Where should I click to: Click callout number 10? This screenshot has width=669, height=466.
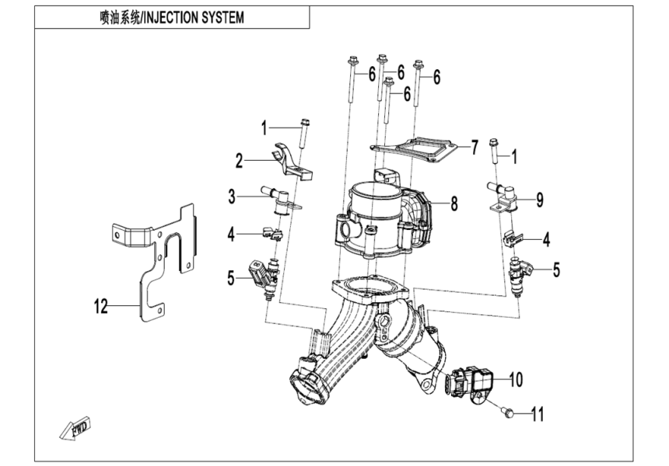[516, 380]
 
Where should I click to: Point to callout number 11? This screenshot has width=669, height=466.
[536, 414]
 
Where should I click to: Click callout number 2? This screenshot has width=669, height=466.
[240, 161]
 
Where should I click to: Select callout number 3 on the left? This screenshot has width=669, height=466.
[232, 196]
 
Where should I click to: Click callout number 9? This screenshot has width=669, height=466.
[538, 200]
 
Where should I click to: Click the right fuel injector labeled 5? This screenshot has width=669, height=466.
[521, 273]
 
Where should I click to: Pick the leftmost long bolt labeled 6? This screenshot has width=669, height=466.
[353, 82]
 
